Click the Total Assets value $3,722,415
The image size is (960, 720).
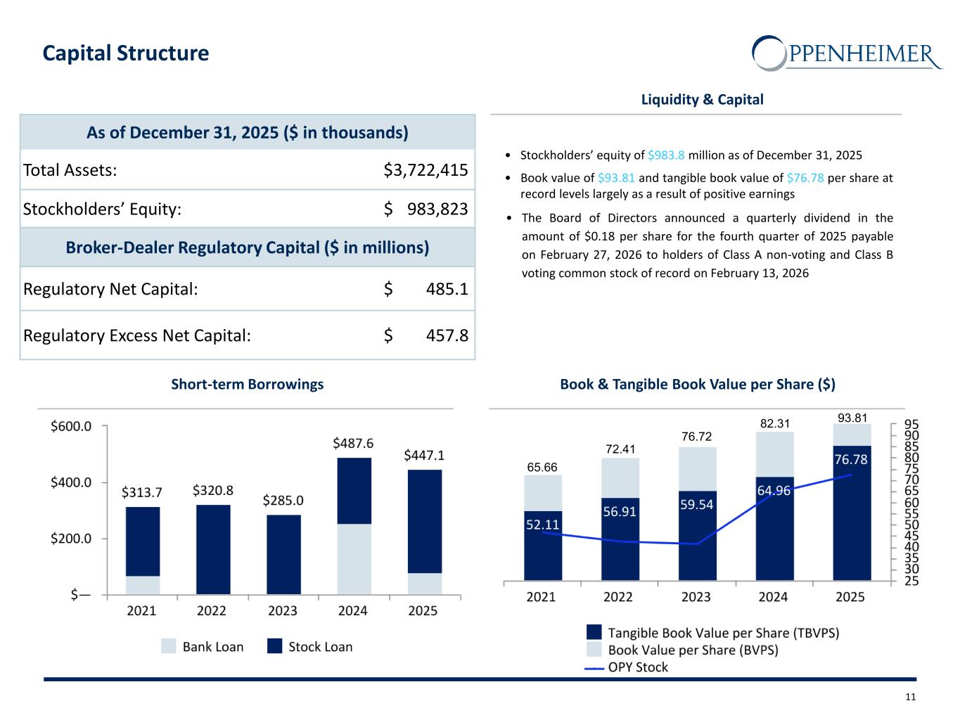425,170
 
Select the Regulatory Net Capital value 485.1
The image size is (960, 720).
447,289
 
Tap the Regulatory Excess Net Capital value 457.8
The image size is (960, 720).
447,335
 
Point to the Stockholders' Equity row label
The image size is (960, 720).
103,209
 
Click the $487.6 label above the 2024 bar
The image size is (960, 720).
353,443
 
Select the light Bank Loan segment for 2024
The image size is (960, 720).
354,559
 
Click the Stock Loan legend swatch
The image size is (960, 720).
275,646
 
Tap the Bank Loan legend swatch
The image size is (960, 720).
169,646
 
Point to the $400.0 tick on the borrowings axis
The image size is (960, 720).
71,482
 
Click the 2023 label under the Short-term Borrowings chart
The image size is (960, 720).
283,610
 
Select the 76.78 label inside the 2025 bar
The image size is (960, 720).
851,459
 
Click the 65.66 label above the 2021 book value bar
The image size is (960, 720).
542,468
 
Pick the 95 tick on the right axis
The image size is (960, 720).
911,425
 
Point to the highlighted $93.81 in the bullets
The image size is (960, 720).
616,178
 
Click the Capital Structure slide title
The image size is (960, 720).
126,53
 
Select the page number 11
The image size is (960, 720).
911,697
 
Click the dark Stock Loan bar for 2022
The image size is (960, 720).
213,549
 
